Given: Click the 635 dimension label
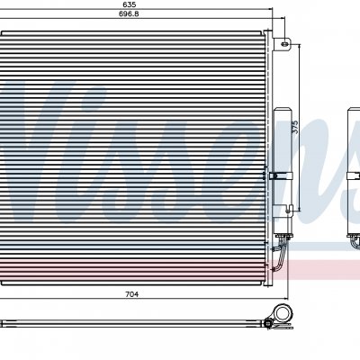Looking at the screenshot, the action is coord(130,4).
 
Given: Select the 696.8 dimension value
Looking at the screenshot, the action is coord(129,13).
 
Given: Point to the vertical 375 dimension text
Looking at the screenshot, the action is coord(295,127).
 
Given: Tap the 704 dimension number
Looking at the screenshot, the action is coord(132,294).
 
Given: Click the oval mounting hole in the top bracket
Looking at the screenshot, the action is coord(284,44).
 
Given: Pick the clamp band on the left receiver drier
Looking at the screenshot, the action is coord(281,176).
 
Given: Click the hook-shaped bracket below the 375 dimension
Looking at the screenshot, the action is coord(290,209).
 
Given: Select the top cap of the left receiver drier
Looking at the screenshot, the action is coord(283,111).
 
